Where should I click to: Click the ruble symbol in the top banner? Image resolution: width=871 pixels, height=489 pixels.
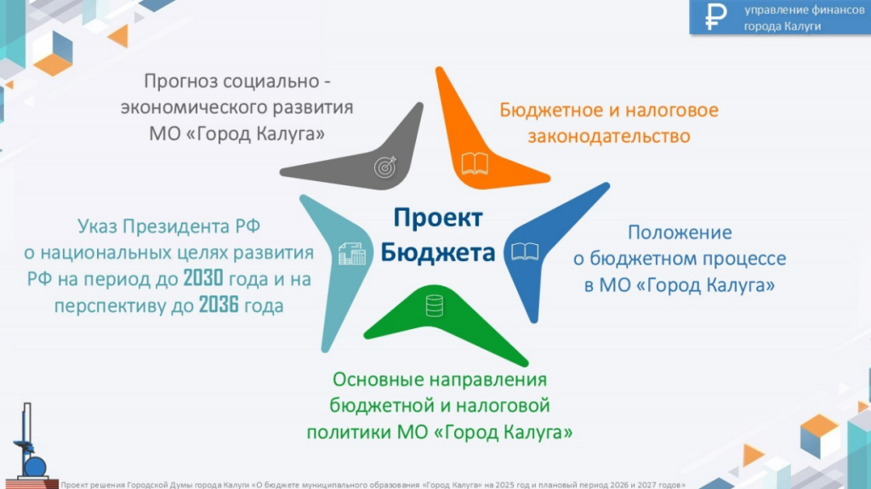(x=715, y=17)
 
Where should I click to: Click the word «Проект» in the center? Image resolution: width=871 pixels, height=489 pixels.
(x=438, y=218)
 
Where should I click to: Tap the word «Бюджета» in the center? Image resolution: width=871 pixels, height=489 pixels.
(x=438, y=253)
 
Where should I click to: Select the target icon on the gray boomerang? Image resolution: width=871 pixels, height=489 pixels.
(x=385, y=167)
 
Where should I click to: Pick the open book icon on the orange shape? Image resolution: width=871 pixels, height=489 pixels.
(x=475, y=164)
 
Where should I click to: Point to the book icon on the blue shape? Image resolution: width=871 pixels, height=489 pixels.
(x=525, y=252)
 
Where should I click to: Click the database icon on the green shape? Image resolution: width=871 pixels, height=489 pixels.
(x=435, y=305)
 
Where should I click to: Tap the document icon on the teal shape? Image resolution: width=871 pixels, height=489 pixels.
(x=352, y=254)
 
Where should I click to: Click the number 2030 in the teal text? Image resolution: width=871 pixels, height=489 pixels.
(x=203, y=278)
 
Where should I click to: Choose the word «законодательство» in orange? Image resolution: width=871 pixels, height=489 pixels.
(x=609, y=137)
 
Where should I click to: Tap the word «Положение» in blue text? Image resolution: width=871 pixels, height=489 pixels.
(x=680, y=232)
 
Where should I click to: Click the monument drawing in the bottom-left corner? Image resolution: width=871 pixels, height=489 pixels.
(x=31, y=445)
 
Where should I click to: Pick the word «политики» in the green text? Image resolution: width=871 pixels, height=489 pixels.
(x=350, y=432)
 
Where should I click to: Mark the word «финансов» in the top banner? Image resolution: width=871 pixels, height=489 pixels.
(x=837, y=10)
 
